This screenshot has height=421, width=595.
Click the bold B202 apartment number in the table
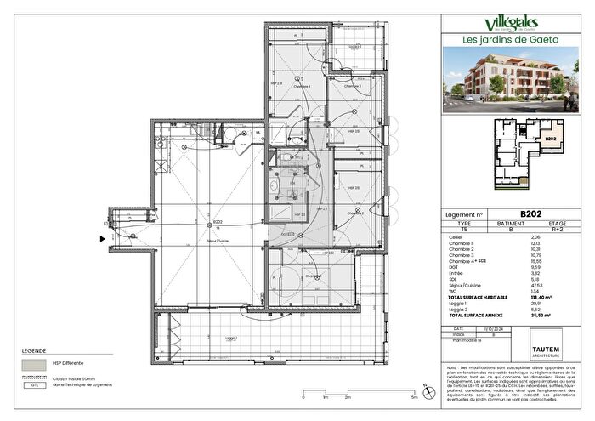532,216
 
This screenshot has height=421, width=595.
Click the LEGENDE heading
33,350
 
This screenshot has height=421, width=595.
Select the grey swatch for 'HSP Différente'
32,361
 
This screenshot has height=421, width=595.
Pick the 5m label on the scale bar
414,396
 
